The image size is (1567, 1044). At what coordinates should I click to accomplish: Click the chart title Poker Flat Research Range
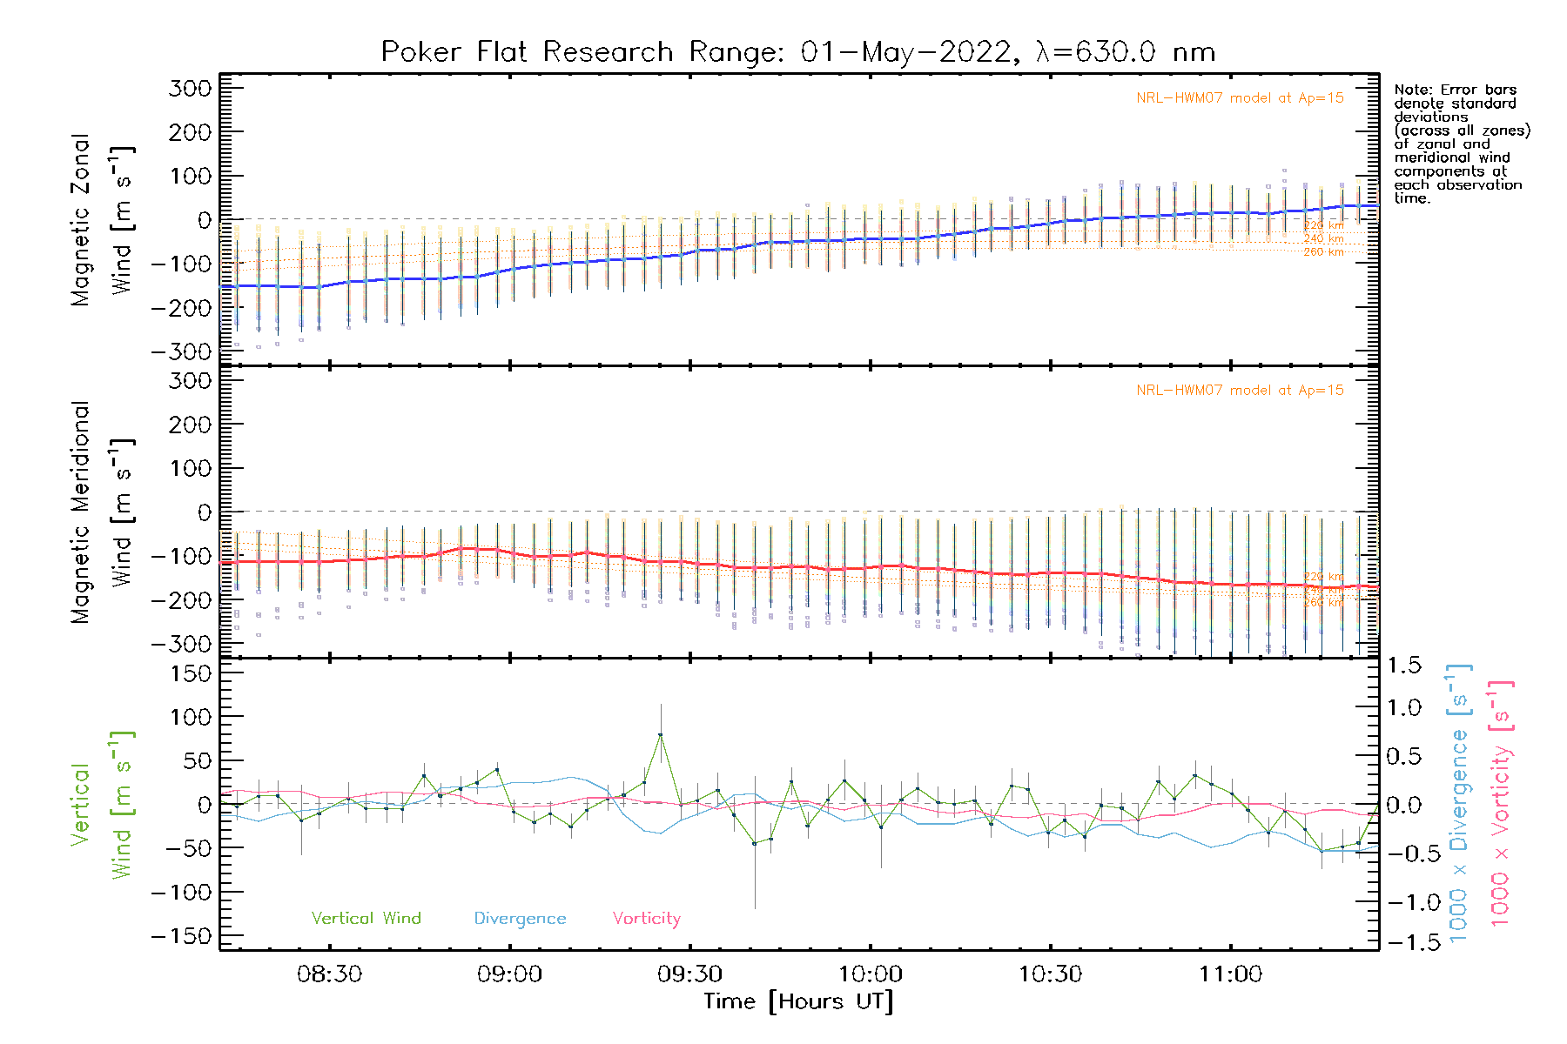coord(797,52)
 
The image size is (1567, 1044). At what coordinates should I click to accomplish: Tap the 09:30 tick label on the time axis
coord(690,974)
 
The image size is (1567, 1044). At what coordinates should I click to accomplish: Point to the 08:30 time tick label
coord(329,974)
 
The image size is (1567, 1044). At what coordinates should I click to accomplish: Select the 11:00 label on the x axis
coord(1230,974)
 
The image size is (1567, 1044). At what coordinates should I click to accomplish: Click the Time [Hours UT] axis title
coord(798,1001)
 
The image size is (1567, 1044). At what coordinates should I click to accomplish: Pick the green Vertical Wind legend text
coord(366,918)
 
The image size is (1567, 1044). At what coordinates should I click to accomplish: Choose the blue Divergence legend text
coord(520,918)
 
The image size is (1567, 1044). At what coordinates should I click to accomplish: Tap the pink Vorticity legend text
coord(646,918)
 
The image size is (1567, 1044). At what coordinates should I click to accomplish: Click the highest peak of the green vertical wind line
coord(661,735)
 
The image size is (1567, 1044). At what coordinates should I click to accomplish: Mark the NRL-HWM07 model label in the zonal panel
coord(1240,97)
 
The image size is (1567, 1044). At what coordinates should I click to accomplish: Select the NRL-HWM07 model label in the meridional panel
coord(1240,390)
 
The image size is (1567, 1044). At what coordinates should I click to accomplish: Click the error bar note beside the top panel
coord(1461,144)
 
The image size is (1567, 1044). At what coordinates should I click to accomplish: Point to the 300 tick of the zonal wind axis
coord(191,88)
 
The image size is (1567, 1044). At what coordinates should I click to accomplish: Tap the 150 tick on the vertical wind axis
coord(191,673)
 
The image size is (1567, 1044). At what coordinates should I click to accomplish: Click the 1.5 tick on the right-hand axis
coord(1403,666)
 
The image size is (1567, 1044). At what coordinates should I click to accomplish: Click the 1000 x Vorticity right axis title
coord(1501,804)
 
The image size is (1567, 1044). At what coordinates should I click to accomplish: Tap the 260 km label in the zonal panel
coord(1323,252)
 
